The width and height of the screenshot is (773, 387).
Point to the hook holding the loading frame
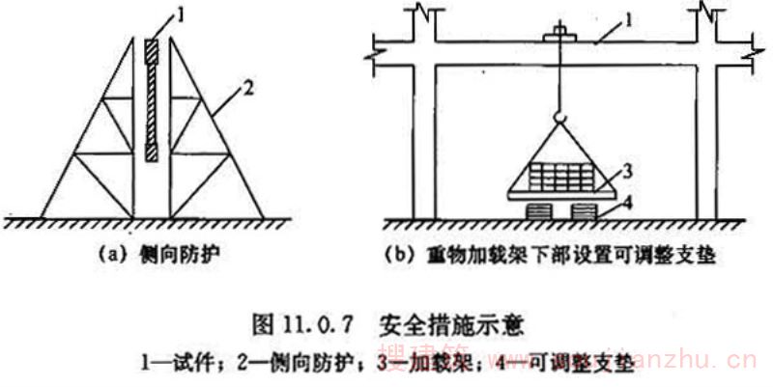coord(560,117)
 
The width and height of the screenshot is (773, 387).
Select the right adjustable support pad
coord(585,210)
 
